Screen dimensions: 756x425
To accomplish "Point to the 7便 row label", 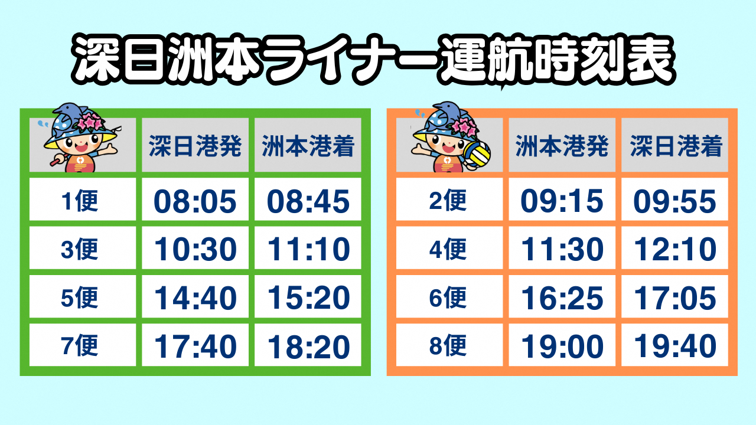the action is coord(80,345).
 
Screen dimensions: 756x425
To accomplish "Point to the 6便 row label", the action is coord(448,297).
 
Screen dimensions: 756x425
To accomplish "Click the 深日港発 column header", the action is coord(195,146).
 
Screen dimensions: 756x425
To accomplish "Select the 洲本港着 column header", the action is coord(308,146).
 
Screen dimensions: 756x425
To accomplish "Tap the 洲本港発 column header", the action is coord(562,146).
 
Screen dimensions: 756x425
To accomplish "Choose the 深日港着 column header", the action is coord(675,146).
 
